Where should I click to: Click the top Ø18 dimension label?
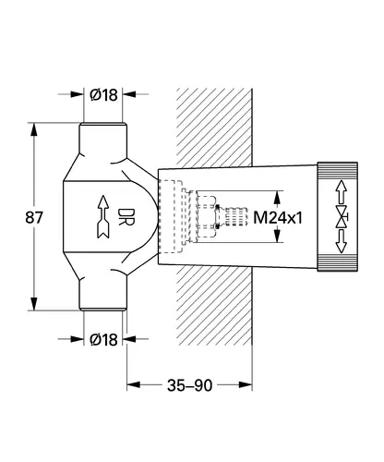(x=103, y=95)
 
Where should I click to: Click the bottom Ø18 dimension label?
(x=103, y=340)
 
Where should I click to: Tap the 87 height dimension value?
(x=34, y=217)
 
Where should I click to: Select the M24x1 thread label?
(x=278, y=218)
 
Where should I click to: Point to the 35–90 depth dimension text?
(x=189, y=385)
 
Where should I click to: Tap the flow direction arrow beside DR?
(x=103, y=216)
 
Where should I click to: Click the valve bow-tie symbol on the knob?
(x=342, y=217)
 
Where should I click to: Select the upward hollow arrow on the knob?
(x=341, y=191)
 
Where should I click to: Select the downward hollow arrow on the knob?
(x=341, y=242)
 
